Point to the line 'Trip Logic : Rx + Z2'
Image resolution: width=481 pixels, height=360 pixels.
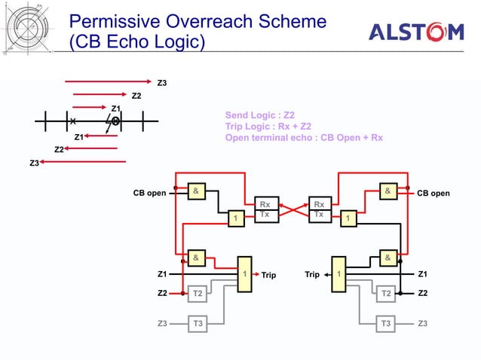(x=268, y=127)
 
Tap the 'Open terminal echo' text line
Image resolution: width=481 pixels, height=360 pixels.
(x=304, y=138)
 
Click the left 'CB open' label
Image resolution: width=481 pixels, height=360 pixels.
(x=149, y=194)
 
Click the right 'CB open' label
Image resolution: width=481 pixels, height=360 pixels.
(x=434, y=194)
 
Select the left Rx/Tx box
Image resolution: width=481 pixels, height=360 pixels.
(x=264, y=209)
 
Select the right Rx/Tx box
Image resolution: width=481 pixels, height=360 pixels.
(x=320, y=209)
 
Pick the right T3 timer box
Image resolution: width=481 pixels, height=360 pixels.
(x=386, y=324)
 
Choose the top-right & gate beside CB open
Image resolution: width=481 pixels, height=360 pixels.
(x=388, y=191)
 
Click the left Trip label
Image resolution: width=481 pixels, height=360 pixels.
(x=268, y=275)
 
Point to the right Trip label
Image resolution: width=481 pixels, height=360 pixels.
(x=314, y=275)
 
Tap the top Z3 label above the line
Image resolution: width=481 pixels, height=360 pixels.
(x=161, y=82)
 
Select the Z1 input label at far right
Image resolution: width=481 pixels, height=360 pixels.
(x=423, y=274)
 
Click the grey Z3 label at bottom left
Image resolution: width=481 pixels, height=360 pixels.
(x=162, y=324)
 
